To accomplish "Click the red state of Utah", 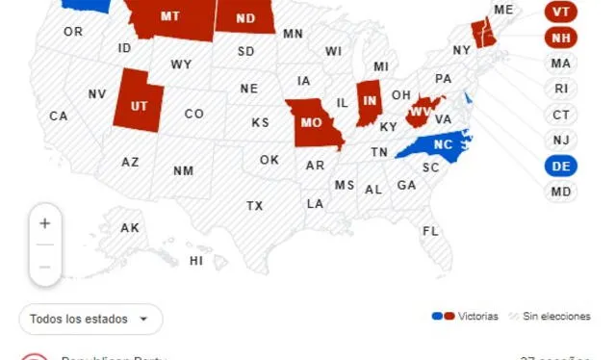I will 139,104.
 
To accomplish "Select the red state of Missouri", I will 311,122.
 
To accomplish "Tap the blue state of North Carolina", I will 438,144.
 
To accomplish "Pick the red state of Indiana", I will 368,101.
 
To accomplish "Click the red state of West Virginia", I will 420,112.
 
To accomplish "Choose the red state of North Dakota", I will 244,17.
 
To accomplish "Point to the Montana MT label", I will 170,16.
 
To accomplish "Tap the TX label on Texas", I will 254,205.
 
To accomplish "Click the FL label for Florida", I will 430,231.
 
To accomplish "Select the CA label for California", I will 59,116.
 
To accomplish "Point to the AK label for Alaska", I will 130,228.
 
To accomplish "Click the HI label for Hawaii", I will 196,260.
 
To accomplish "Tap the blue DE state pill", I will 561,166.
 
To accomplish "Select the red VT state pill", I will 561,13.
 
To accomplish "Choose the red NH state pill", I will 561,39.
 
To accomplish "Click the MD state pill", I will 561,192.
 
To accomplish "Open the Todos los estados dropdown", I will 90,319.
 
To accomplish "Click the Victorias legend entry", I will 467,316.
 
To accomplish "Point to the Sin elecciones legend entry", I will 551,316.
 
